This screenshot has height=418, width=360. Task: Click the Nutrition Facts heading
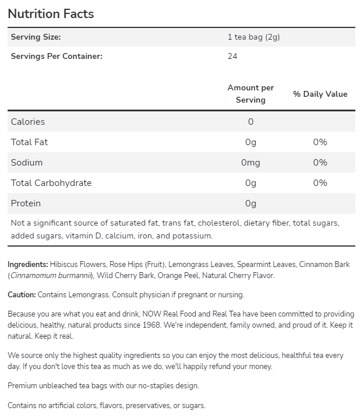point(51,13)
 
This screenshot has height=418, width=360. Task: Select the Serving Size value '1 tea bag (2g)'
point(254,37)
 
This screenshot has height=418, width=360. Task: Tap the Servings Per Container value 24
point(232,56)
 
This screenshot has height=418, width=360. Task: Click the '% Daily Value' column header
point(320,94)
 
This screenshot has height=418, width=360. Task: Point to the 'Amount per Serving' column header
point(250,94)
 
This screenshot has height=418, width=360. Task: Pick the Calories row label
point(28,122)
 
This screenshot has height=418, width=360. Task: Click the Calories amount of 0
point(250,122)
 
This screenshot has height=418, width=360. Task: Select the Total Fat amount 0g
point(250,142)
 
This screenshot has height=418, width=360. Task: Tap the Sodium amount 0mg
point(250,163)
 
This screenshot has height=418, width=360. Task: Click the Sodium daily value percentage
point(320,163)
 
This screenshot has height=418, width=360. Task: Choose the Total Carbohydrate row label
point(51,183)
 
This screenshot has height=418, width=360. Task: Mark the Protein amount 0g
point(250,203)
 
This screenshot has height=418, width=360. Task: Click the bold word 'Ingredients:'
point(28,264)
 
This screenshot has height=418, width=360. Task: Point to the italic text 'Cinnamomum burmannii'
point(50,275)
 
